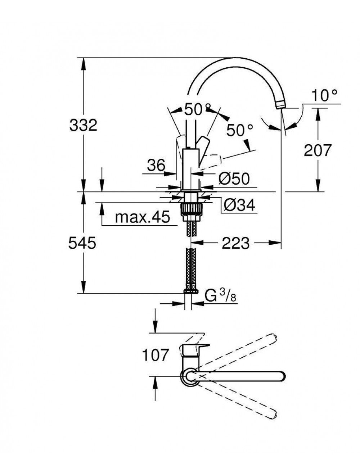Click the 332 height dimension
(83, 125)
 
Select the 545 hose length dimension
(82, 243)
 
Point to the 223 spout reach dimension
(235, 244)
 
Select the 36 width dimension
(156, 166)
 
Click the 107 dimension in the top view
(155, 355)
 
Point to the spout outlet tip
(280, 105)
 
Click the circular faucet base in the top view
(189, 376)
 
